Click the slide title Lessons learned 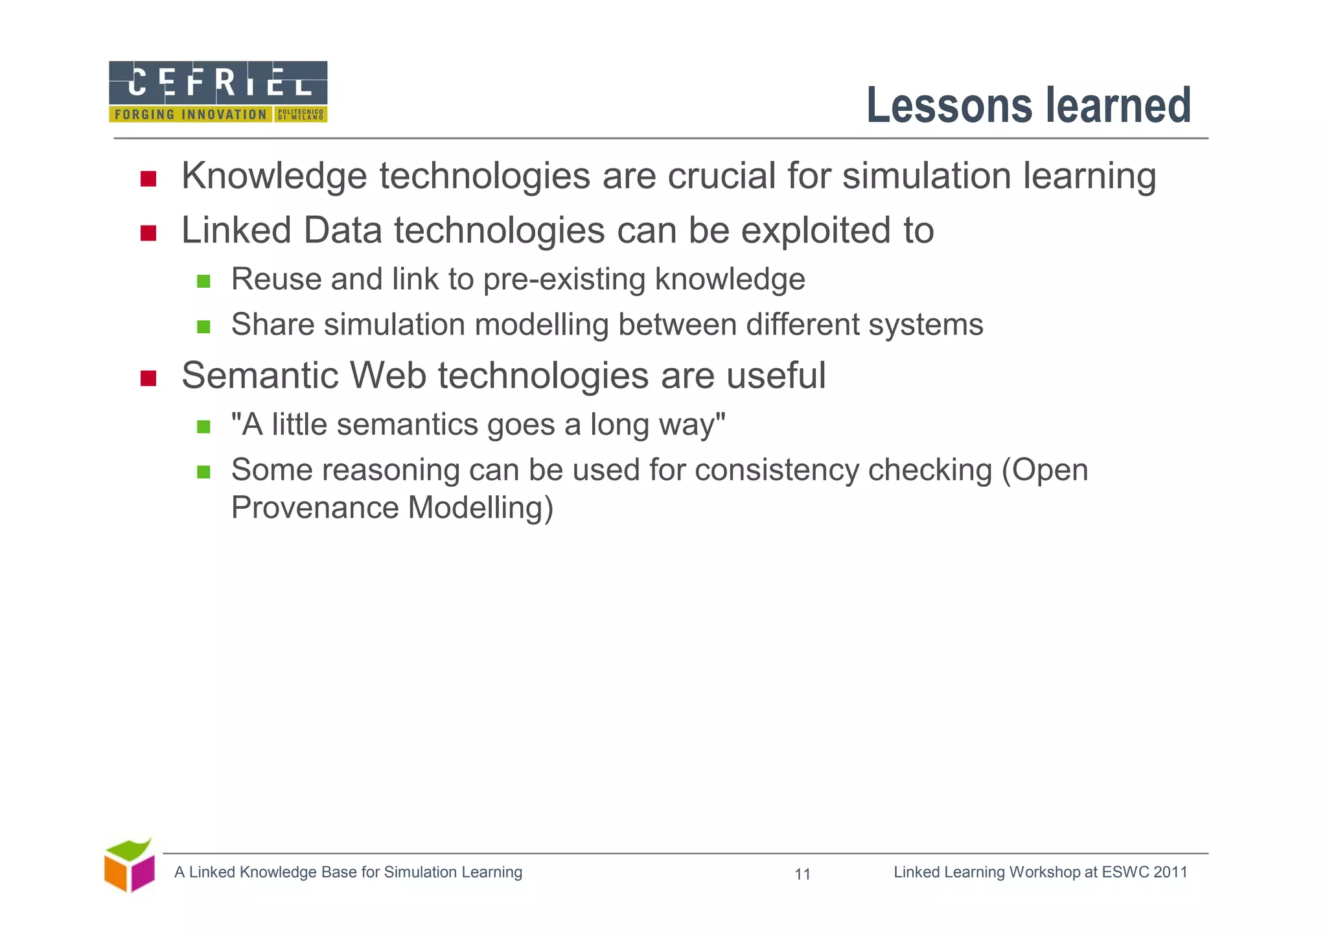click(x=1028, y=106)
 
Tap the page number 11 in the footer click(x=802, y=874)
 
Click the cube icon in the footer click(x=130, y=867)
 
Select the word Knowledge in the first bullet click(x=275, y=176)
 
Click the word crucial click(x=721, y=176)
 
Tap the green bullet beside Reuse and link click(x=203, y=281)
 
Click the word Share click(x=271, y=325)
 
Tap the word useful click(x=776, y=376)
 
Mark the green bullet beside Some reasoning click(x=203, y=472)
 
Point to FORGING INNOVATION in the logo click(x=190, y=115)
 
